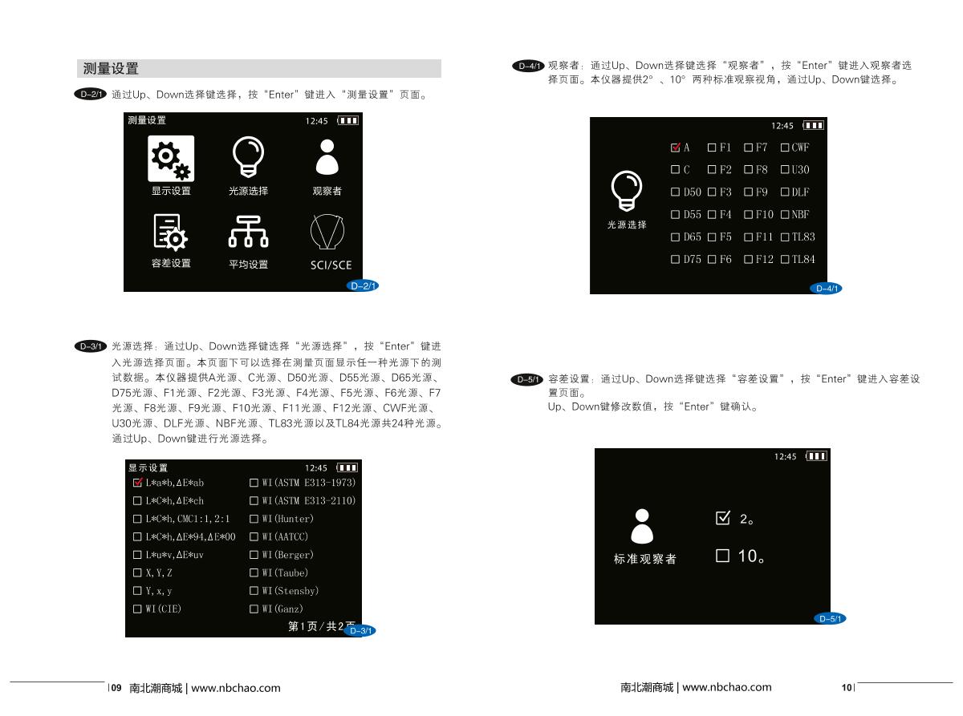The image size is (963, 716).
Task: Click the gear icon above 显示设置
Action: pyautogui.click(x=171, y=159)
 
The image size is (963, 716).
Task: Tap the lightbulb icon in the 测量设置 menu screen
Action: pyautogui.click(x=248, y=156)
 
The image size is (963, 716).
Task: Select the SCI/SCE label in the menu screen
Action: pyautogui.click(x=331, y=265)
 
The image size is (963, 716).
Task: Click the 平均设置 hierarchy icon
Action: pyautogui.click(x=248, y=231)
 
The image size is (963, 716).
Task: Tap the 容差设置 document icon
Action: pyautogui.click(x=170, y=233)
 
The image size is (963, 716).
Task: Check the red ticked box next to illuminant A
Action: pyautogui.click(x=675, y=148)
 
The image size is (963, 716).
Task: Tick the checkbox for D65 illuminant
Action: pyautogui.click(x=675, y=237)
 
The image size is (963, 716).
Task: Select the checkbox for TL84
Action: pyautogui.click(x=785, y=260)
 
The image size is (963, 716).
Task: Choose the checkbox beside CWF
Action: pyautogui.click(x=785, y=148)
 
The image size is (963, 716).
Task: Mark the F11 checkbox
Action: pyautogui.click(x=749, y=237)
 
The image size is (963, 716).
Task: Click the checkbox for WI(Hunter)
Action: pyautogui.click(x=254, y=519)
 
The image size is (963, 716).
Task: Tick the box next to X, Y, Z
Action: pyautogui.click(x=137, y=572)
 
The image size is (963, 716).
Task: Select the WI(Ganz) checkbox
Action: pyautogui.click(x=254, y=609)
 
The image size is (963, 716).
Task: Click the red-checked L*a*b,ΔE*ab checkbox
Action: pyautogui.click(x=138, y=482)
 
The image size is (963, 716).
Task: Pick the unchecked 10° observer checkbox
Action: pyautogui.click(x=722, y=556)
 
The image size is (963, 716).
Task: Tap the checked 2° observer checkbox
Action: pyautogui.click(x=723, y=518)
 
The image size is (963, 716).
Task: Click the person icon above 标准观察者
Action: pyautogui.click(x=642, y=526)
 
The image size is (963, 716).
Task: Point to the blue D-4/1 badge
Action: pyautogui.click(x=826, y=289)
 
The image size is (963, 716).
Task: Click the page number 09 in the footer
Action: pyautogui.click(x=116, y=688)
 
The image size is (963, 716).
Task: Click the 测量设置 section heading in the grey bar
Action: pyautogui.click(x=111, y=69)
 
